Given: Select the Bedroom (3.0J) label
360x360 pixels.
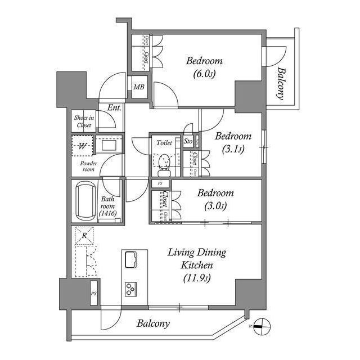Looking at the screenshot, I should tap(215, 199).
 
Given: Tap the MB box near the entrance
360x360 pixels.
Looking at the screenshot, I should tap(138, 87).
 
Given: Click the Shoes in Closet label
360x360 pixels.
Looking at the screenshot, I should tap(84, 121).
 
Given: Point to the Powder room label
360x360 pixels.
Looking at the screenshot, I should tap(88, 166).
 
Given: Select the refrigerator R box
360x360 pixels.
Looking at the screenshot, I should tap(84, 236).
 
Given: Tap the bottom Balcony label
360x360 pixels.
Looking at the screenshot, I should tap(153, 324).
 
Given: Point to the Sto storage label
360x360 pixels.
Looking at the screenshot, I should tap(188, 141).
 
